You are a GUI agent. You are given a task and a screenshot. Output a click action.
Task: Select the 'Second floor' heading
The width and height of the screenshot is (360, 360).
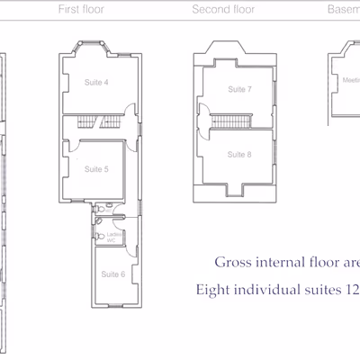[x=223, y=10]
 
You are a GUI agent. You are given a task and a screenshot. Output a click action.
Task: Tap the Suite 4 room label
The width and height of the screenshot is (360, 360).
[x=97, y=83]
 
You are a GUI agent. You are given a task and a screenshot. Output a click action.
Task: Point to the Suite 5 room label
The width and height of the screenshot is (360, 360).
[x=97, y=169]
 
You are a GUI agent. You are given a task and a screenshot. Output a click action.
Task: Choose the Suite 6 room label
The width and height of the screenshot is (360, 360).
[x=112, y=274]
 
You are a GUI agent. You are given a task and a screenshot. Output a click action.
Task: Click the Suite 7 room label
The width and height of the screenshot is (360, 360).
[x=239, y=90]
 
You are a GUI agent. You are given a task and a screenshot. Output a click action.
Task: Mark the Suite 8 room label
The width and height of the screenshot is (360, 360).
[x=239, y=155]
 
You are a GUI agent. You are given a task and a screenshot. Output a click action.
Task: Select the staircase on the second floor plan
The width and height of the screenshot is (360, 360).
[x=232, y=121]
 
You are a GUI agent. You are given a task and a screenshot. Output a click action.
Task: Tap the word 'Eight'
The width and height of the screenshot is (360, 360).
[x=215, y=291]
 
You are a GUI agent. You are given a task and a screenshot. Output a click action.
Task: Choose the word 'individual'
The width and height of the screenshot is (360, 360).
[x=269, y=291]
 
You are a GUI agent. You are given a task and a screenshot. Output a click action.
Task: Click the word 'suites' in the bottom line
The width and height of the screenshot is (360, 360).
[x=323, y=291]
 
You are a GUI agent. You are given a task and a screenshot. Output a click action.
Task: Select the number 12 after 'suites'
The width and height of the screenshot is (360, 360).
[x=352, y=291]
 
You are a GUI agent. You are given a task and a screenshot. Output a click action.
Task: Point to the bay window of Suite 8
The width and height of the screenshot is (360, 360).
[x=239, y=190]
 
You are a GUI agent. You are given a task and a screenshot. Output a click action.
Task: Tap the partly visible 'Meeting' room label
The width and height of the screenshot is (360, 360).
[x=351, y=80]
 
